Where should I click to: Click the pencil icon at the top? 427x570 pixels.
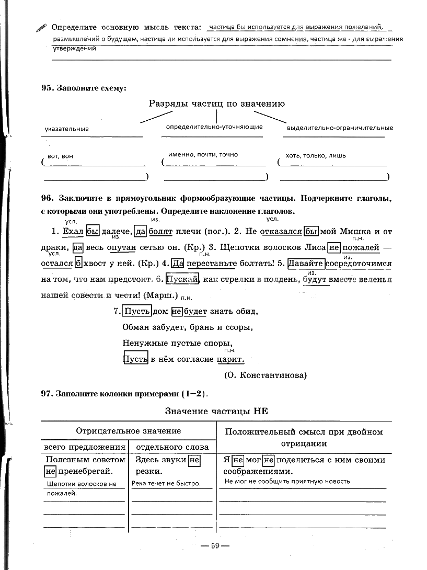(41, 28)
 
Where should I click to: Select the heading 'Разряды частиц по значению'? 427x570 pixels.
(216, 104)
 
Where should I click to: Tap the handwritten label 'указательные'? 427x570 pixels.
(66, 129)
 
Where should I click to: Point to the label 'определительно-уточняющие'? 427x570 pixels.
(214, 127)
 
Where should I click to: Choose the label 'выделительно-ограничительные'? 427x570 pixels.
(340, 128)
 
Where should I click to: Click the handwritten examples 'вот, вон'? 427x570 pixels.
(60, 156)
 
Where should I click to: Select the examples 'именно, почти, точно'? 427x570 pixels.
(203, 155)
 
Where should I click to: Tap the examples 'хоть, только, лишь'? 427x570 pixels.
(316, 155)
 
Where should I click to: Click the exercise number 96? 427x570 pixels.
(47, 199)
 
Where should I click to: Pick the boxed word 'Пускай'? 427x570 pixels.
(182, 279)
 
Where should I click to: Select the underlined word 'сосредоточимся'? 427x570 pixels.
(359, 263)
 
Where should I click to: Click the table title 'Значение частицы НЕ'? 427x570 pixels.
(216, 411)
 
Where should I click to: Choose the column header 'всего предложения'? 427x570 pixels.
(84, 447)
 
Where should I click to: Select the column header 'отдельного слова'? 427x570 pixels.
(172, 447)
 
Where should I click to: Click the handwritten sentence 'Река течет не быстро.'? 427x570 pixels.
(166, 483)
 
